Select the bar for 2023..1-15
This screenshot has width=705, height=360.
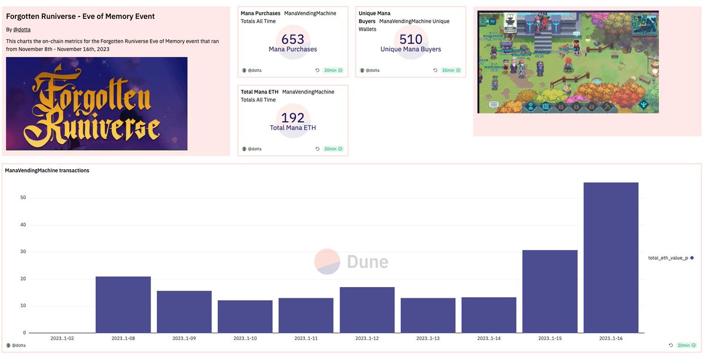pyautogui.click(x=549, y=291)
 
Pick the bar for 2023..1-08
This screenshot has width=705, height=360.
pyautogui.click(x=123, y=304)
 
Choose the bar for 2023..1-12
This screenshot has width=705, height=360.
pyautogui.click(x=367, y=309)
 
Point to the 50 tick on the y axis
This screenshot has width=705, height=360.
pyautogui.click(x=23, y=197)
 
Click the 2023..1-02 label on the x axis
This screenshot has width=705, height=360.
pyautogui.click(x=62, y=339)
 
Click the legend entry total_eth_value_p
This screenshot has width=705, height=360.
pyautogui.click(x=667, y=258)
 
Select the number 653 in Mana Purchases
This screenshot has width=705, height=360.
pyautogui.click(x=293, y=39)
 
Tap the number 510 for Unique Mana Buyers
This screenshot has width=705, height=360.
pyautogui.click(x=411, y=39)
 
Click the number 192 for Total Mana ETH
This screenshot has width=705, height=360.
pyautogui.click(x=293, y=118)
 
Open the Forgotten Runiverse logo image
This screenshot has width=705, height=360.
pyautogui.click(x=96, y=103)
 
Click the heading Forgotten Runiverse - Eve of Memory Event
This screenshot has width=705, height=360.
pyautogui.click(x=80, y=16)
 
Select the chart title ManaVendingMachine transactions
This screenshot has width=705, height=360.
pyautogui.click(x=47, y=170)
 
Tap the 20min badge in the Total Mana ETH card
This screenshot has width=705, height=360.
pyautogui.click(x=333, y=149)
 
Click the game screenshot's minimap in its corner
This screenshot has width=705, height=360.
pyautogui.click(x=644, y=24)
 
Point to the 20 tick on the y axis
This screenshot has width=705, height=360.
pyautogui.click(x=23, y=278)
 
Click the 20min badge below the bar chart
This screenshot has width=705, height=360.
pyautogui.click(x=685, y=345)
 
